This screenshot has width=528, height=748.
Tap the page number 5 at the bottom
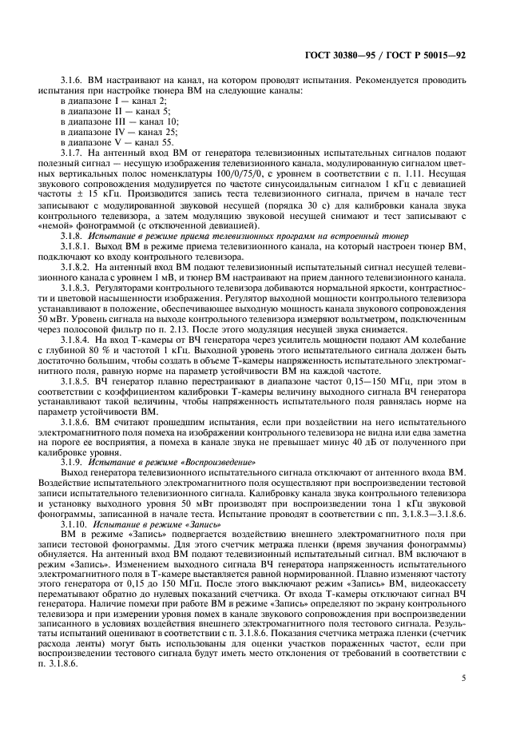[462, 678]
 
